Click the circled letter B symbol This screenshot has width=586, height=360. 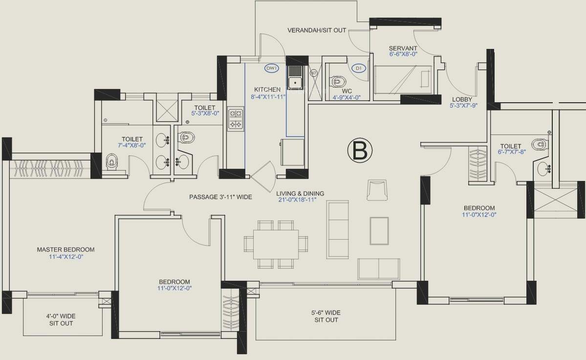click(359, 151)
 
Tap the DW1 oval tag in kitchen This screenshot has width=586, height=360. click(272, 68)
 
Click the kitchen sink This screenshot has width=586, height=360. click(295, 78)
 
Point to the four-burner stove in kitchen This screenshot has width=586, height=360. click(235, 119)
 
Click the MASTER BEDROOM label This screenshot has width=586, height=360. click(65, 249)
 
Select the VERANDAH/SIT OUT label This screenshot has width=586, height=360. click(316, 30)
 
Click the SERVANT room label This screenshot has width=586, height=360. click(403, 48)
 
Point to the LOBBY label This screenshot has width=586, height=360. click(461, 99)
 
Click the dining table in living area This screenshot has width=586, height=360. click(276, 244)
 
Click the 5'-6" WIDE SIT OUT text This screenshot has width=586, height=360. click(326, 316)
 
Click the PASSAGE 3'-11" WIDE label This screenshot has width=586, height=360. click(220, 197)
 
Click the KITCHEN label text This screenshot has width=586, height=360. click(267, 90)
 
